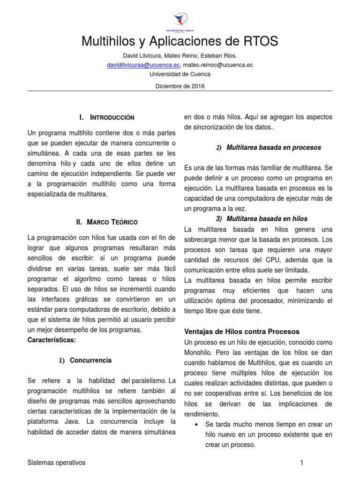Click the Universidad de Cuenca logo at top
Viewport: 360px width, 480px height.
click(x=180, y=19)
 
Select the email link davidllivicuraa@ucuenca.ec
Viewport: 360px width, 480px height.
click(x=143, y=65)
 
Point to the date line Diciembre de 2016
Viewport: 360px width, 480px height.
click(x=180, y=86)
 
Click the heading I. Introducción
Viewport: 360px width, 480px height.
click(x=107, y=117)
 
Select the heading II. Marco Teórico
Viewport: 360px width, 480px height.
click(x=106, y=222)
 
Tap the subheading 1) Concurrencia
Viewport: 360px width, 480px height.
click(x=85, y=360)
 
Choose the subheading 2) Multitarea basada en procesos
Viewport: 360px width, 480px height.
click(x=269, y=148)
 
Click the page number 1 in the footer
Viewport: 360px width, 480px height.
click(x=302, y=463)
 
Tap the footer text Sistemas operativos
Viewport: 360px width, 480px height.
click(x=57, y=463)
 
